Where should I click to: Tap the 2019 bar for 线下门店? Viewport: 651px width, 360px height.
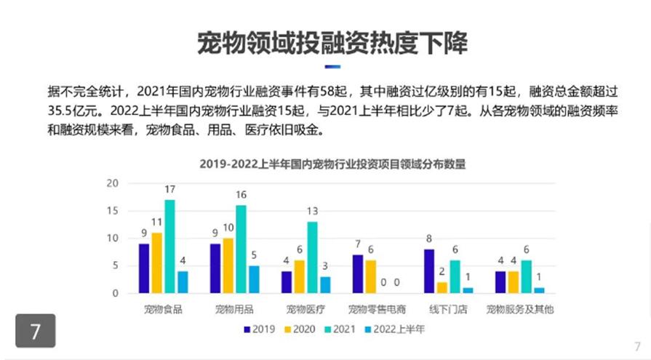[428, 271]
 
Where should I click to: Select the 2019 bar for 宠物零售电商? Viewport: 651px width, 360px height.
[357, 273]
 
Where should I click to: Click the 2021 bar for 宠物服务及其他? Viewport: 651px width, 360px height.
[526, 276]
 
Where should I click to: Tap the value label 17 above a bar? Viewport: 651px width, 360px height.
[169, 191]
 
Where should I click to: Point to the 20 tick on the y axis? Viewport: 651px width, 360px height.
[112, 183]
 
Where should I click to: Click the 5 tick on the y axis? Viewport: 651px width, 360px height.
[115, 265]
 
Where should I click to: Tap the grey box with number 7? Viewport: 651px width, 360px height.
[36, 332]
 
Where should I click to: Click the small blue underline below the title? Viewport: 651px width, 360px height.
[332, 66]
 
